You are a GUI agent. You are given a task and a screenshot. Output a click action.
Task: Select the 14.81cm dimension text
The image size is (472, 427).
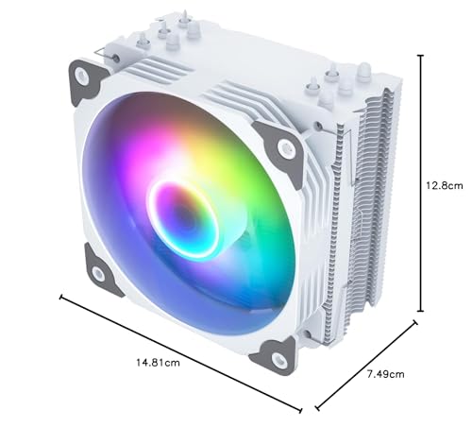159,362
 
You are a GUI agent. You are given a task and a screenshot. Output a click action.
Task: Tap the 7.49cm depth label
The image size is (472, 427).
385,375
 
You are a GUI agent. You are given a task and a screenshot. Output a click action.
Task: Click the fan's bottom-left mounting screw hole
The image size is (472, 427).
99,274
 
